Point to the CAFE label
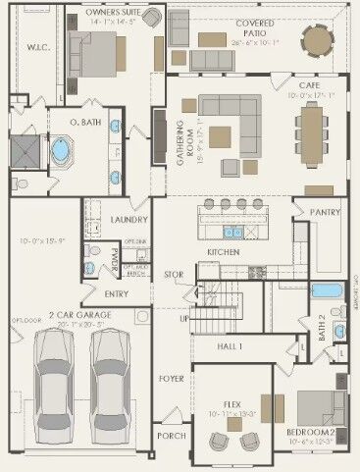pyautogui.click(x=309, y=86)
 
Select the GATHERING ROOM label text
pyautogui.click(x=181, y=143)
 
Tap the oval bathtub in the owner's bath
pyautogui.click(x=61, y=153)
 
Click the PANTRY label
pyautogui.click(x=325, y=211)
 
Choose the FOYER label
pyautogui.click(x=172, y=377)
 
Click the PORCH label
pyautogui.click(x=171, y=436)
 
